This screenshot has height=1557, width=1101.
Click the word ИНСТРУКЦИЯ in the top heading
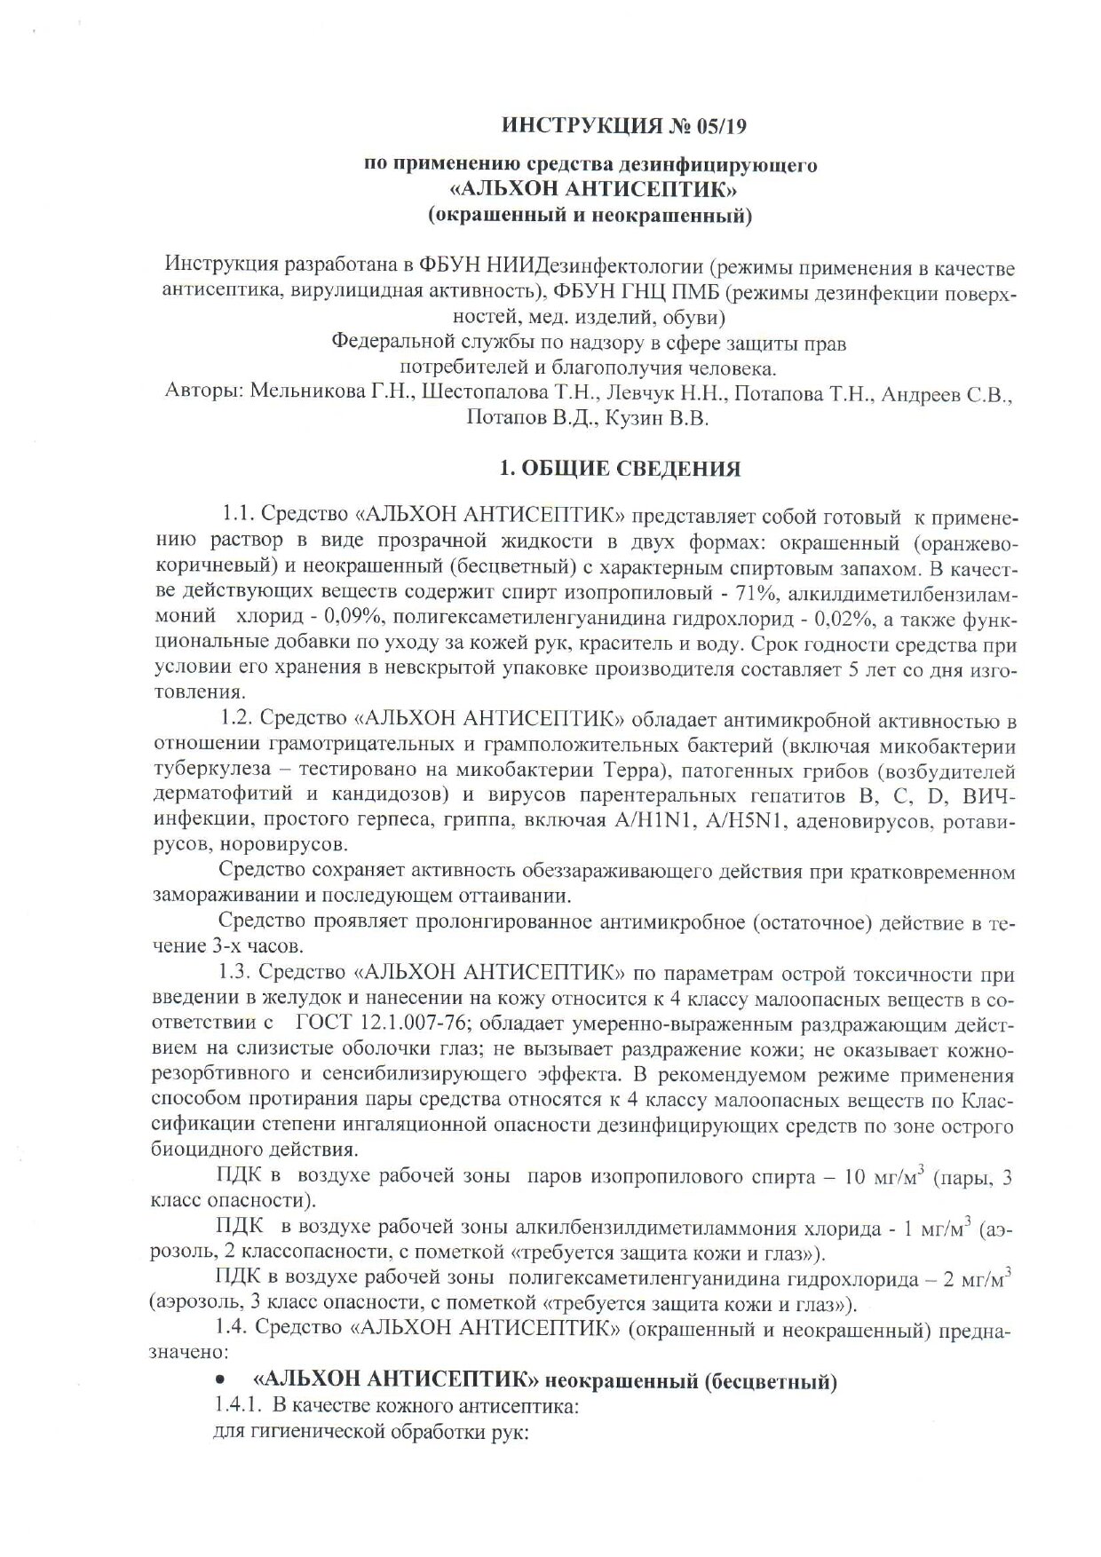pyautogui.click(x=574, y=126)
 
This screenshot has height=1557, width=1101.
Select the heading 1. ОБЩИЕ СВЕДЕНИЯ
pyautogui.click(x=621, y=469)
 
